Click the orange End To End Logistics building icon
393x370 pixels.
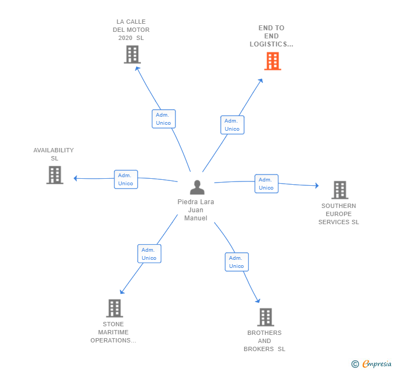click(273, 62)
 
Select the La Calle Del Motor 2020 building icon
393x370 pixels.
click(132, 55)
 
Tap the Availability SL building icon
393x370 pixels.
click(55, 175)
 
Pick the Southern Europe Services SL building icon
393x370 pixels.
click(340, 190)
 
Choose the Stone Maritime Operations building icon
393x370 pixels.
click(114, 308)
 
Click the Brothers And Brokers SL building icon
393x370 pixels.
click(265, 317)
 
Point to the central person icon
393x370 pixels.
click(197, 187)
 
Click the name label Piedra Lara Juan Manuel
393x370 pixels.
click(195, 210)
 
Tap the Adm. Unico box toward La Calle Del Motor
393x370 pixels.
click(163, 119)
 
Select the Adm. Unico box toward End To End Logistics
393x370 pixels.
click(232, 125)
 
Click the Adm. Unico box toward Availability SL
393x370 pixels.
click(126, 179)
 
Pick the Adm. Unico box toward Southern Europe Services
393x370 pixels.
click(266, 184)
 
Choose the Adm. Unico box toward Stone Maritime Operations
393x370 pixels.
click(149, 254)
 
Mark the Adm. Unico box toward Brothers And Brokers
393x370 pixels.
click(236, 262)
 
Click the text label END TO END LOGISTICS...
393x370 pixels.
click(271, 36)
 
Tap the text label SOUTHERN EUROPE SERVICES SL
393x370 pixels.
click(338, 214)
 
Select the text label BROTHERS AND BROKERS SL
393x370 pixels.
click(265, 341)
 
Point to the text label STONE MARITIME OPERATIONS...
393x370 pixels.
click(113, 332)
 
